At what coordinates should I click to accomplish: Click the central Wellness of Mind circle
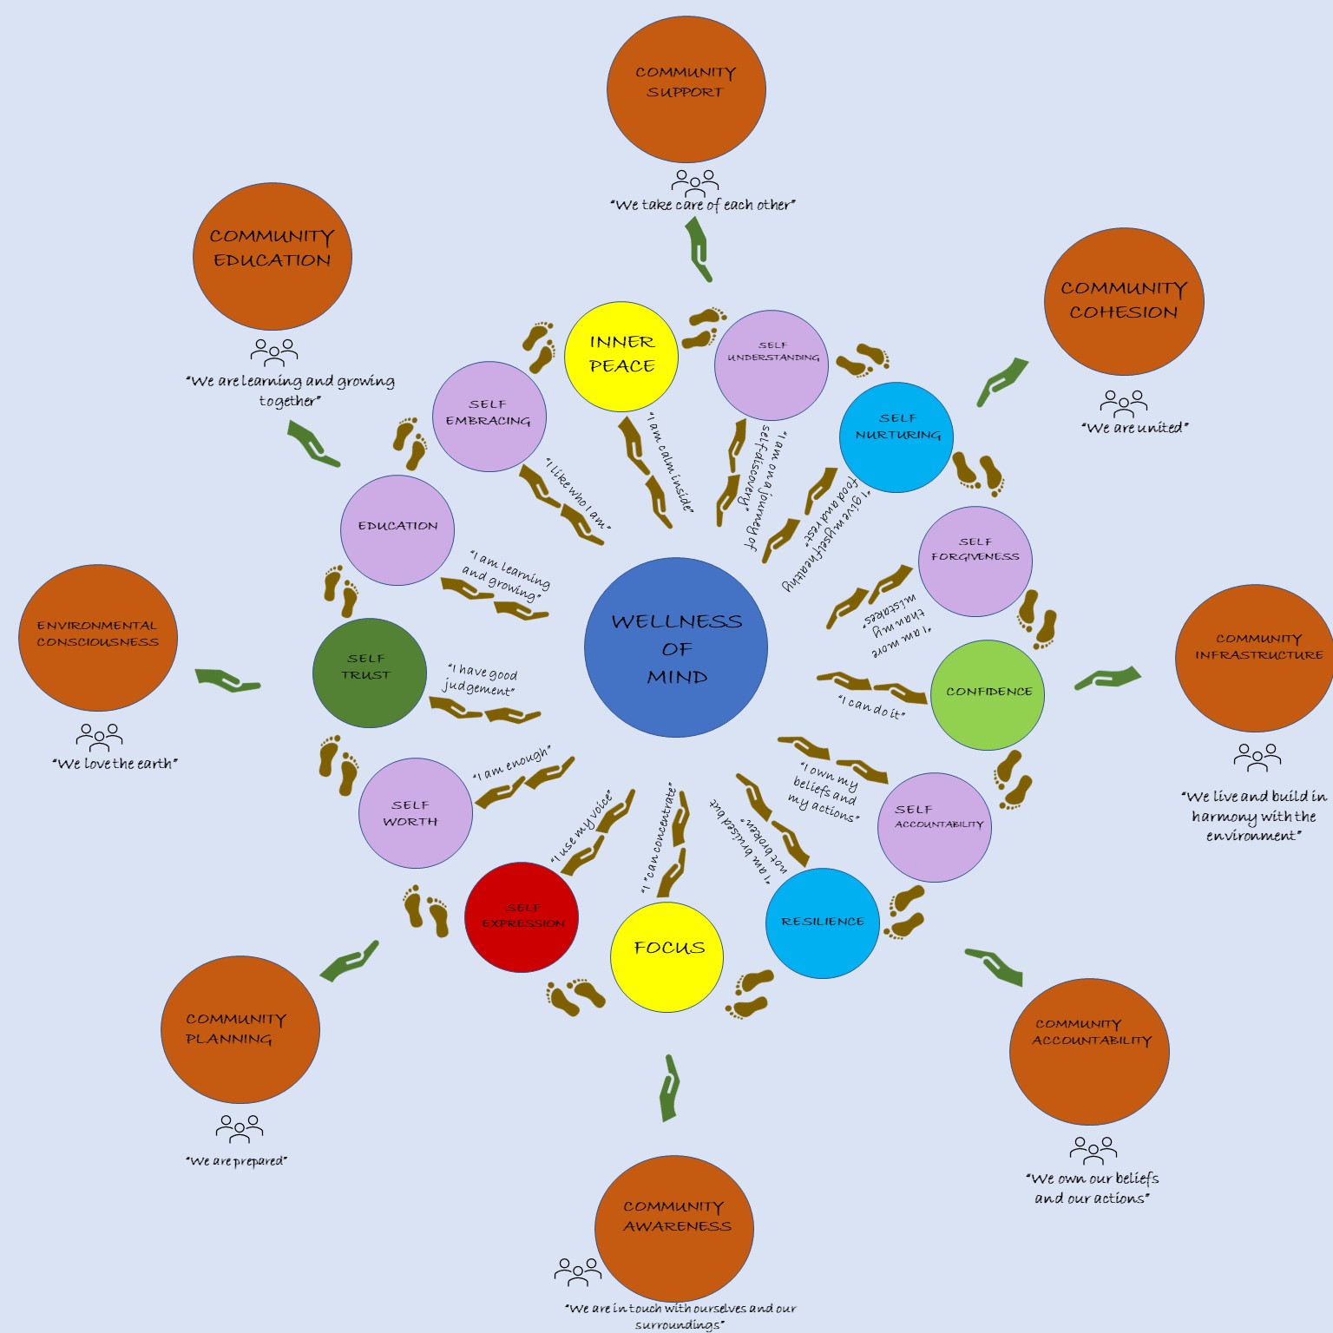point(676,647)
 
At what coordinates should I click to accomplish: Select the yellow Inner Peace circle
point(621,356)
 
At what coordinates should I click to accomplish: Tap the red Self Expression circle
point(522,916)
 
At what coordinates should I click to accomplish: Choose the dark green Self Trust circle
point(370,673)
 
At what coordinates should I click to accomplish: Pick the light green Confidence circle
point(987,694)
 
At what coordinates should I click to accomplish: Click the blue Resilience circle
point(822,923)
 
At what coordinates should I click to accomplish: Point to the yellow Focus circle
point(666,956)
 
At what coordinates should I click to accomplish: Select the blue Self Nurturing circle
point(896,437)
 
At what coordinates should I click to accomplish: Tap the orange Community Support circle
point(686,89)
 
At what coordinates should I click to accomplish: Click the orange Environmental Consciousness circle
point(98,638)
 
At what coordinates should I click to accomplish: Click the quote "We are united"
point(1134,428)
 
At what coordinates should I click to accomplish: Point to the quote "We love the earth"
point(115,764)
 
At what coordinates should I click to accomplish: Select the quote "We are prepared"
point(236,1161)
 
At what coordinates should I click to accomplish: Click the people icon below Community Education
point(273,351)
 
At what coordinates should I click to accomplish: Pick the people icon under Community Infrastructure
point(1257,757)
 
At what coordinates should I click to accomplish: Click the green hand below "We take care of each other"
point(699,249)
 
